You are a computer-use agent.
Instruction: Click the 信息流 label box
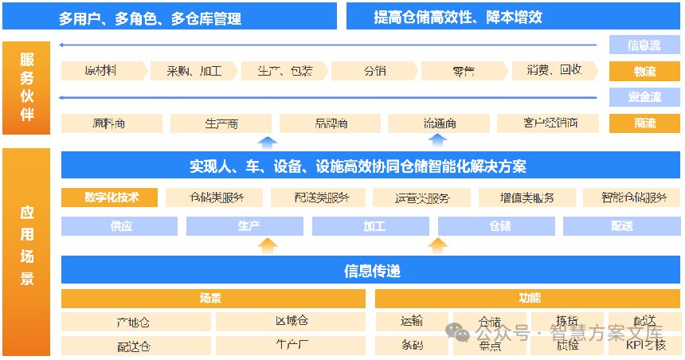pyautogui.click(x=644, y=45)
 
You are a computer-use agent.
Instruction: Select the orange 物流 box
pyautogui.click(x=644, y=72)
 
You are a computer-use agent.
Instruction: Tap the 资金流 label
pyautogui.click(x=644, y=97)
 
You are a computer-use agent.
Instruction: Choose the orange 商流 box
pyautogui.click(x=644, y=123)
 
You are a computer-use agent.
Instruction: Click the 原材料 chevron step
pyautogui.click(x=101, y=71)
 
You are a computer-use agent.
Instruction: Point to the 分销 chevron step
pyautogui.click(x=374, y=71)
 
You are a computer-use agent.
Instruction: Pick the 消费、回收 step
pyautogui.click(x=554, y=71)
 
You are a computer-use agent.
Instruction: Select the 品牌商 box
pyautogui.click(x=331, y=123)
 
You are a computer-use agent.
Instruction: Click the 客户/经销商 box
pyautogui.click(x=550, y=123)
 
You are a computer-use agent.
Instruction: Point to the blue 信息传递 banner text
pyautogui.click(x=373, y=271)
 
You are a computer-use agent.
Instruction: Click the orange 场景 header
pyautogui.click(x=212, y=299)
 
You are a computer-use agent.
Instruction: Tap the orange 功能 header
pyautogui.click(x=529, y=299)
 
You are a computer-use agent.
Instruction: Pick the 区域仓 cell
pyautogui.click(x=292, y=322)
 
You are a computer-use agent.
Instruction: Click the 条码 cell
pyautogui.click(x=413, y=346)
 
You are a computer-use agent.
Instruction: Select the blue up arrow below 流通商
pyautogui.click(x=437, y=141)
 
